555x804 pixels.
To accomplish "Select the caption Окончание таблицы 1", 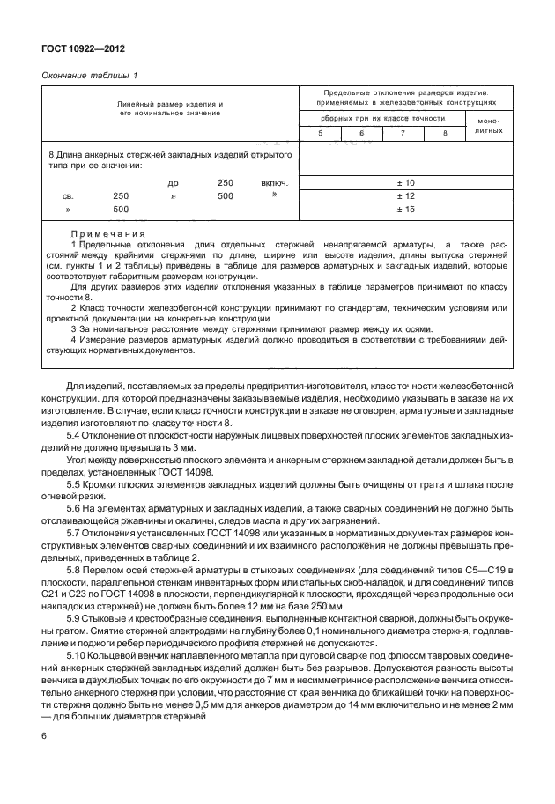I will pos(90,75).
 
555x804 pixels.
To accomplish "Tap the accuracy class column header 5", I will pos(320,132).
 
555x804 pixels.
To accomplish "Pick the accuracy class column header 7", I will pos(402,132).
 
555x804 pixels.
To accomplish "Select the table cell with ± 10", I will pos(404,182).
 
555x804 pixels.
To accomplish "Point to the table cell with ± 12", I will pos(404,195).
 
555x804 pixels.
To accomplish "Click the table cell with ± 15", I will pos(404,210).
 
